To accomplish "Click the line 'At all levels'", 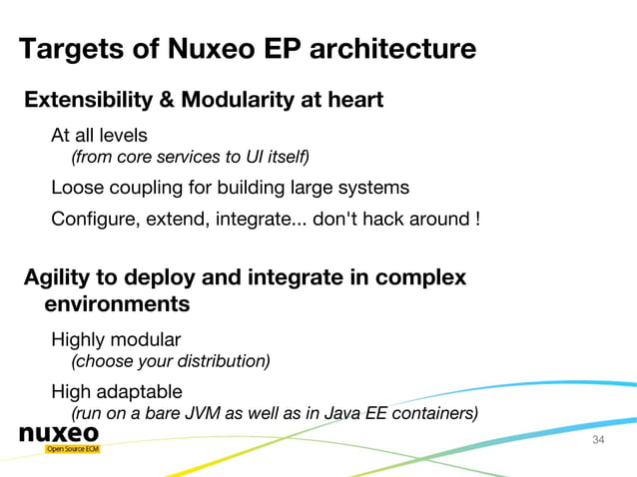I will tap(100, 135).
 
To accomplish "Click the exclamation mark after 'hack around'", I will tap(476, 219).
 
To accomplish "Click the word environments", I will tap(117, 303).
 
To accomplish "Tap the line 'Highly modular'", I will tap(116, 339).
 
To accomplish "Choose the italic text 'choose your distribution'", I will tap(171, 360).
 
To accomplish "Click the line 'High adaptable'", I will tap(117, 391).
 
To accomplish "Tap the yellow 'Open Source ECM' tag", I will tap(72, 449).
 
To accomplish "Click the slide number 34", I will tap(599, 440).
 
